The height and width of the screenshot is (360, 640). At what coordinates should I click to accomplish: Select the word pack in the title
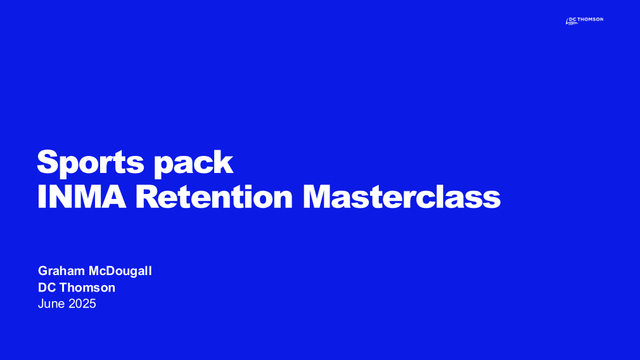coord(193,164)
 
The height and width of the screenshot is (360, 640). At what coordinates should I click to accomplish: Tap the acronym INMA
coord(82,196)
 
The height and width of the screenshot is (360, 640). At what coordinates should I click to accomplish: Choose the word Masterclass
coord(402,196)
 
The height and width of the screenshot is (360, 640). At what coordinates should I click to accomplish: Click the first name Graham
coord(61,271)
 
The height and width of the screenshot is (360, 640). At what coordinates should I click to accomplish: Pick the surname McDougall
coord(120,271)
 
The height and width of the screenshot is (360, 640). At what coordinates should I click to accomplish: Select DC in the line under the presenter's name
coord(47,288)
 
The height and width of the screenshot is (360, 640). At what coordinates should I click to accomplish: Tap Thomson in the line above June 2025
coord(87,288)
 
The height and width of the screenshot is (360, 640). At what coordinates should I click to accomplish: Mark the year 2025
coord(82,304)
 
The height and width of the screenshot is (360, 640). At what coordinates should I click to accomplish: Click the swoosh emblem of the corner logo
coord(572,22)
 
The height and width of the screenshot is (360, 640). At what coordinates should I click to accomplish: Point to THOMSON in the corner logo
coord(591,19)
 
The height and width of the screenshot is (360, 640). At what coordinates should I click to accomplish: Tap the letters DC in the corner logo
coord(573,19)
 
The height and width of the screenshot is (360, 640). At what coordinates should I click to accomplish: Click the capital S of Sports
coord(48,162)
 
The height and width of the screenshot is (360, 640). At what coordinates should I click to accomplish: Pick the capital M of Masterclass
coord(317,196)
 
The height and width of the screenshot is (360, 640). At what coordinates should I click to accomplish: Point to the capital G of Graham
coord(43,271)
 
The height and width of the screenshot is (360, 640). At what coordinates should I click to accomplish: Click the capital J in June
coord(41,304)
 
